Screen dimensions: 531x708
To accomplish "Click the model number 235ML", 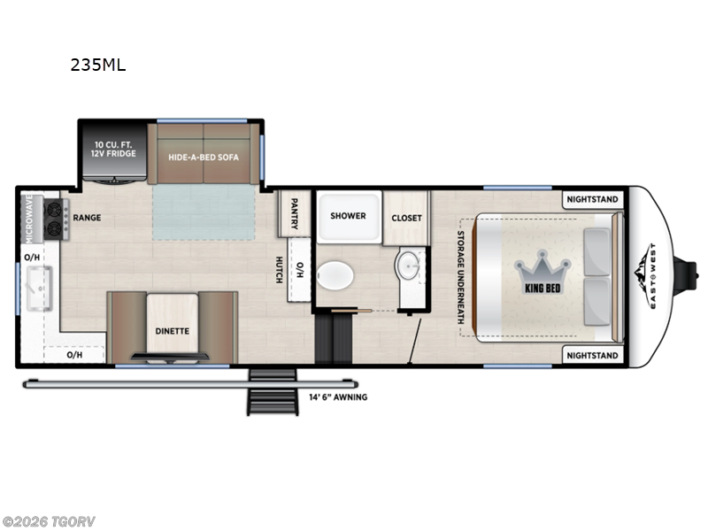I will (x=97, y=65).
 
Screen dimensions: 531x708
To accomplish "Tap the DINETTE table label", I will (x=172, y=330).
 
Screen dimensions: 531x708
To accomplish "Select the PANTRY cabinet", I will (x=293, y=213).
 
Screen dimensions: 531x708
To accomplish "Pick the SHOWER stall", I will (x=348, y=216).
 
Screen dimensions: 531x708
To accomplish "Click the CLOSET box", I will (x=406, y=218).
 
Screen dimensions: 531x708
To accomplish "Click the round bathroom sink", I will (x=410, y=264).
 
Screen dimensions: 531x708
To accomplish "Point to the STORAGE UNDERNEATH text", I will (x=461, y=277).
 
